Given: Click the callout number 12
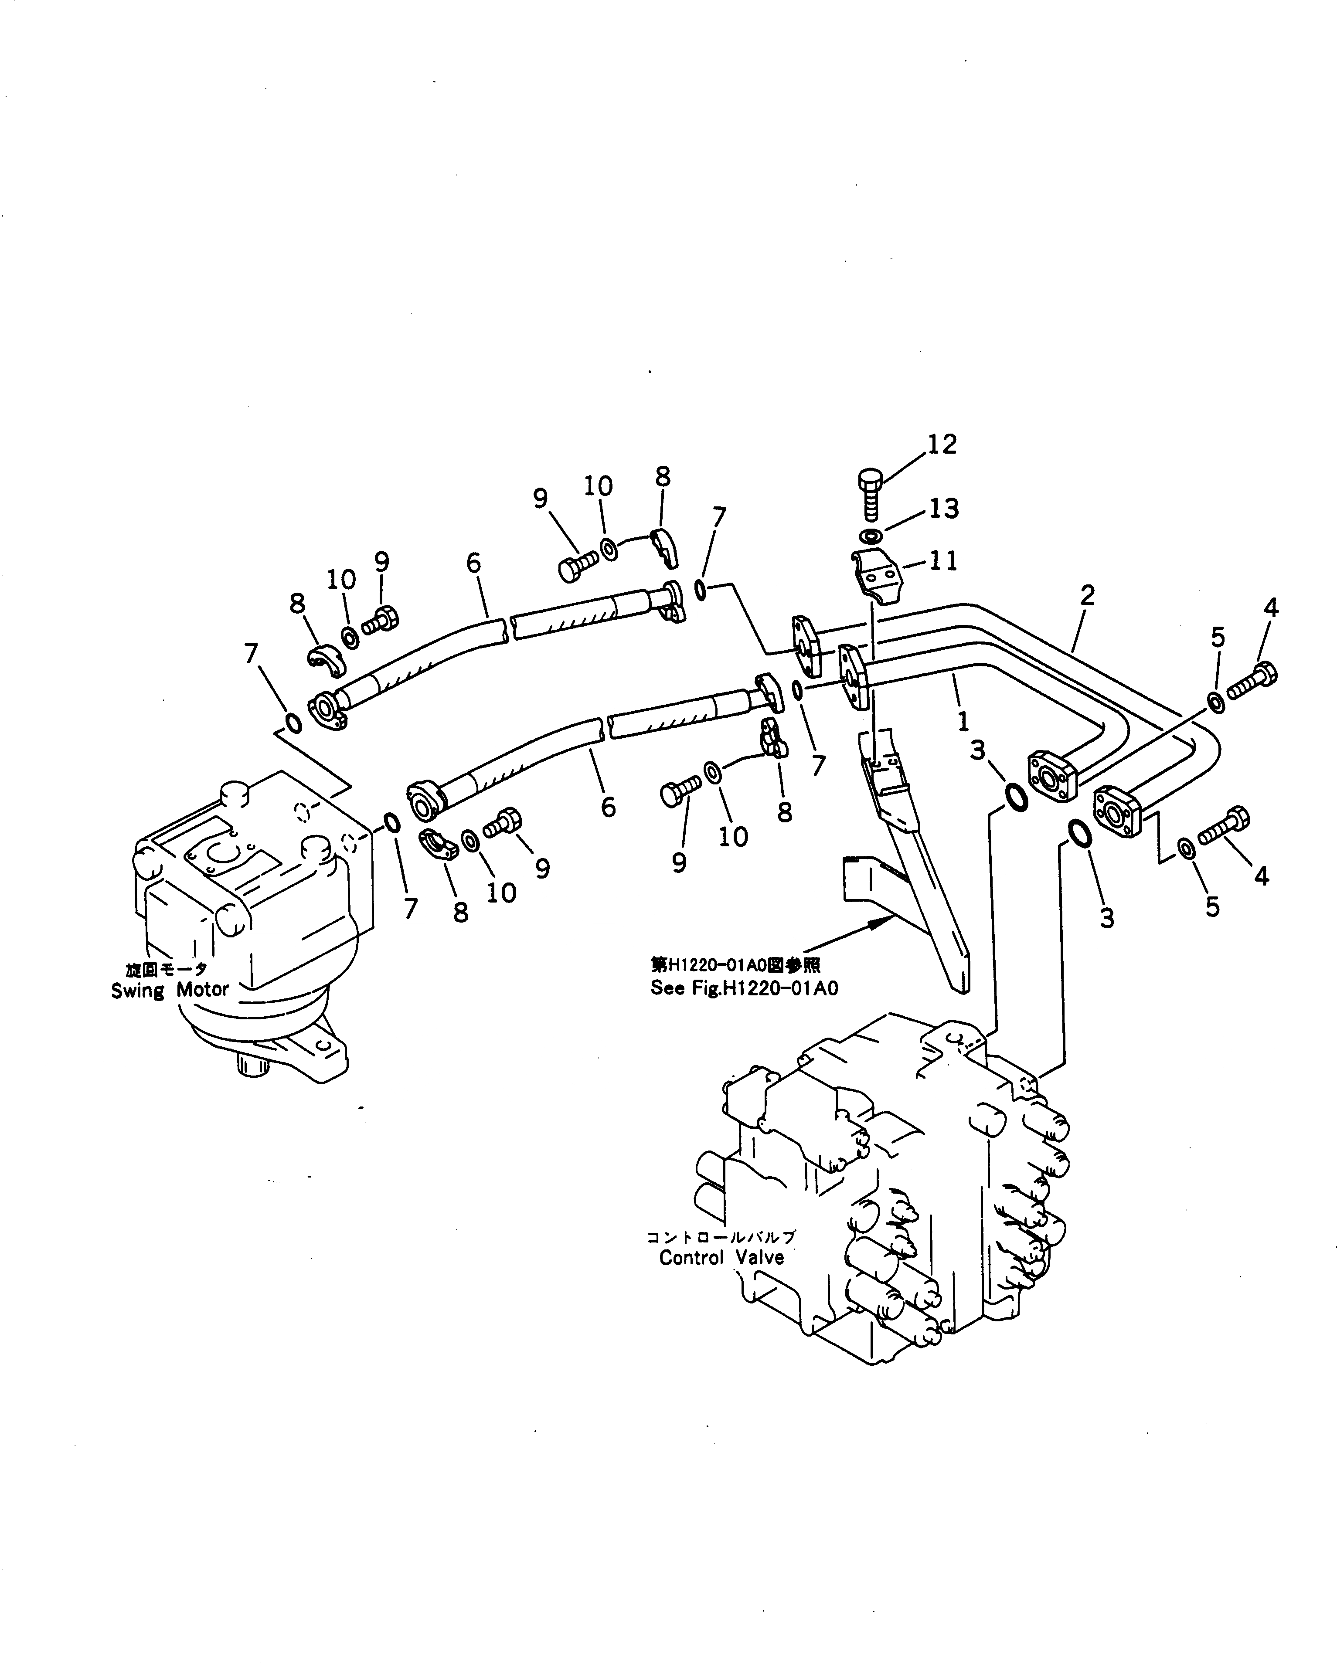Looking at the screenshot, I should click(x=942, y=444).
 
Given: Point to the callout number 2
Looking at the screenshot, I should click(x=1087, y=595).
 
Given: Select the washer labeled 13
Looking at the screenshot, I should click(x=871, y=536).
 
